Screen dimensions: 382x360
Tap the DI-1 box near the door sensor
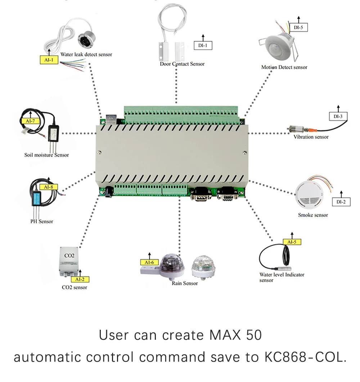coord(203,45)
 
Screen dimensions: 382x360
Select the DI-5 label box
coord(298,27)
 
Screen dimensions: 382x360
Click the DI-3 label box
coord(338,116)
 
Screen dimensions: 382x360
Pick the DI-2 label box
coord(341,202)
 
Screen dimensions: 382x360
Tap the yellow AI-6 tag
coord(149,262)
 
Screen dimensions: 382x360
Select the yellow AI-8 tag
coord(48,187)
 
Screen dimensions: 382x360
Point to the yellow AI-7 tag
coord(30,121)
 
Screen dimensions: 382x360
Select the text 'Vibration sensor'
coord(311,137)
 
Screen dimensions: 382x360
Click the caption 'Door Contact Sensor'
coord(182,64)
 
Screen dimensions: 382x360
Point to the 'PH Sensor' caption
coord(41,221)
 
